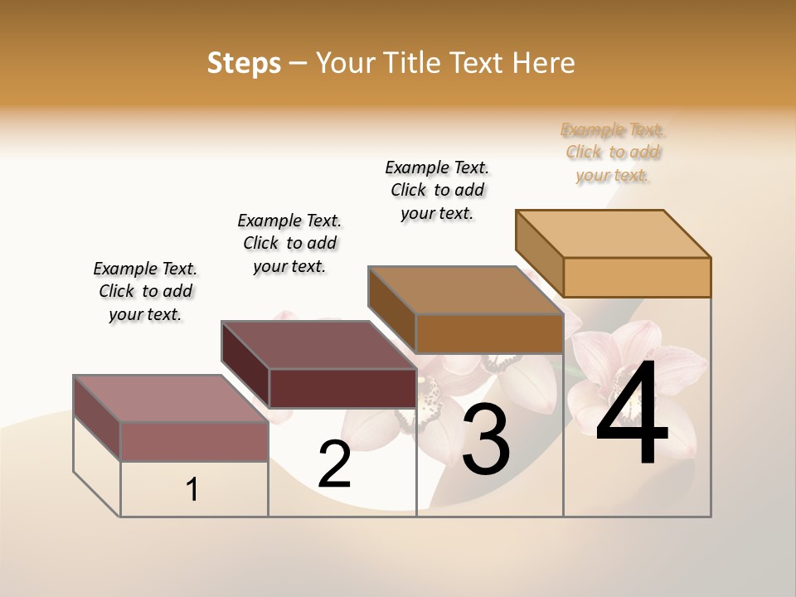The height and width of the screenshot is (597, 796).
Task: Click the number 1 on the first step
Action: click(192, 490)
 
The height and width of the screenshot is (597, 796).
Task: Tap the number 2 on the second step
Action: click(334, 464)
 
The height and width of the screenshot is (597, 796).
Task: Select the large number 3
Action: click(486, 440)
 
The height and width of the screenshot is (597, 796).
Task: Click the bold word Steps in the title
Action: click(244, 63)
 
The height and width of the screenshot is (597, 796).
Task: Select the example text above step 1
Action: click(145, 291)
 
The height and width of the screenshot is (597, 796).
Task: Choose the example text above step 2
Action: click(289, 243)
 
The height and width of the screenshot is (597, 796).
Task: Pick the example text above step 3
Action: click(437, 190)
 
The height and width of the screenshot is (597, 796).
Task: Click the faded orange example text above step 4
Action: click(614, 153)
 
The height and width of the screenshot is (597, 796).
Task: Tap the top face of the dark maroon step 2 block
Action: click(318, 344)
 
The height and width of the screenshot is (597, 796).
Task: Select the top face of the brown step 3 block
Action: click(465, 290)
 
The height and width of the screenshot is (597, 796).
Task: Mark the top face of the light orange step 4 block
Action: click(613, 233)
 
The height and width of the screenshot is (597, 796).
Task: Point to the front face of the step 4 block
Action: click(637, 277)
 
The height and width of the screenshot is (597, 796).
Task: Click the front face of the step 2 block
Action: click(342, 388)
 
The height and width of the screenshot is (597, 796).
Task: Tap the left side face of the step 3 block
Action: click(391, 308)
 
